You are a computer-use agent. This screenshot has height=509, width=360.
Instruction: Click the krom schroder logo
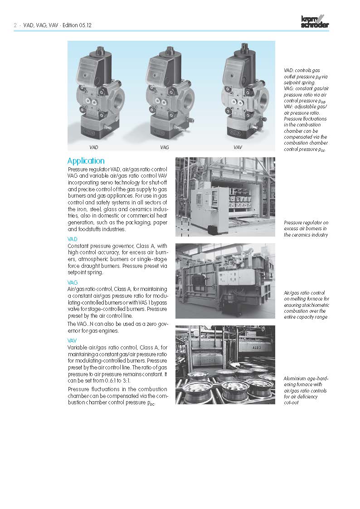[315, 22]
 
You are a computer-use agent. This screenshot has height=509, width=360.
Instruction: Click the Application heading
[86, 161]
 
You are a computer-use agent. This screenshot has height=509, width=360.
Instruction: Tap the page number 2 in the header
[15, 25]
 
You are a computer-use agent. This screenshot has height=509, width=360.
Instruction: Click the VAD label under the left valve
[94, 148]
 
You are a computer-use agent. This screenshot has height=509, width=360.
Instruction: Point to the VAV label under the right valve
[238, 148]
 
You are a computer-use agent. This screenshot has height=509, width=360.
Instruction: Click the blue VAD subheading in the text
[72, 239]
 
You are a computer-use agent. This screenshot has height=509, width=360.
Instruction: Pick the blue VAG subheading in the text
[73, 282]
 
